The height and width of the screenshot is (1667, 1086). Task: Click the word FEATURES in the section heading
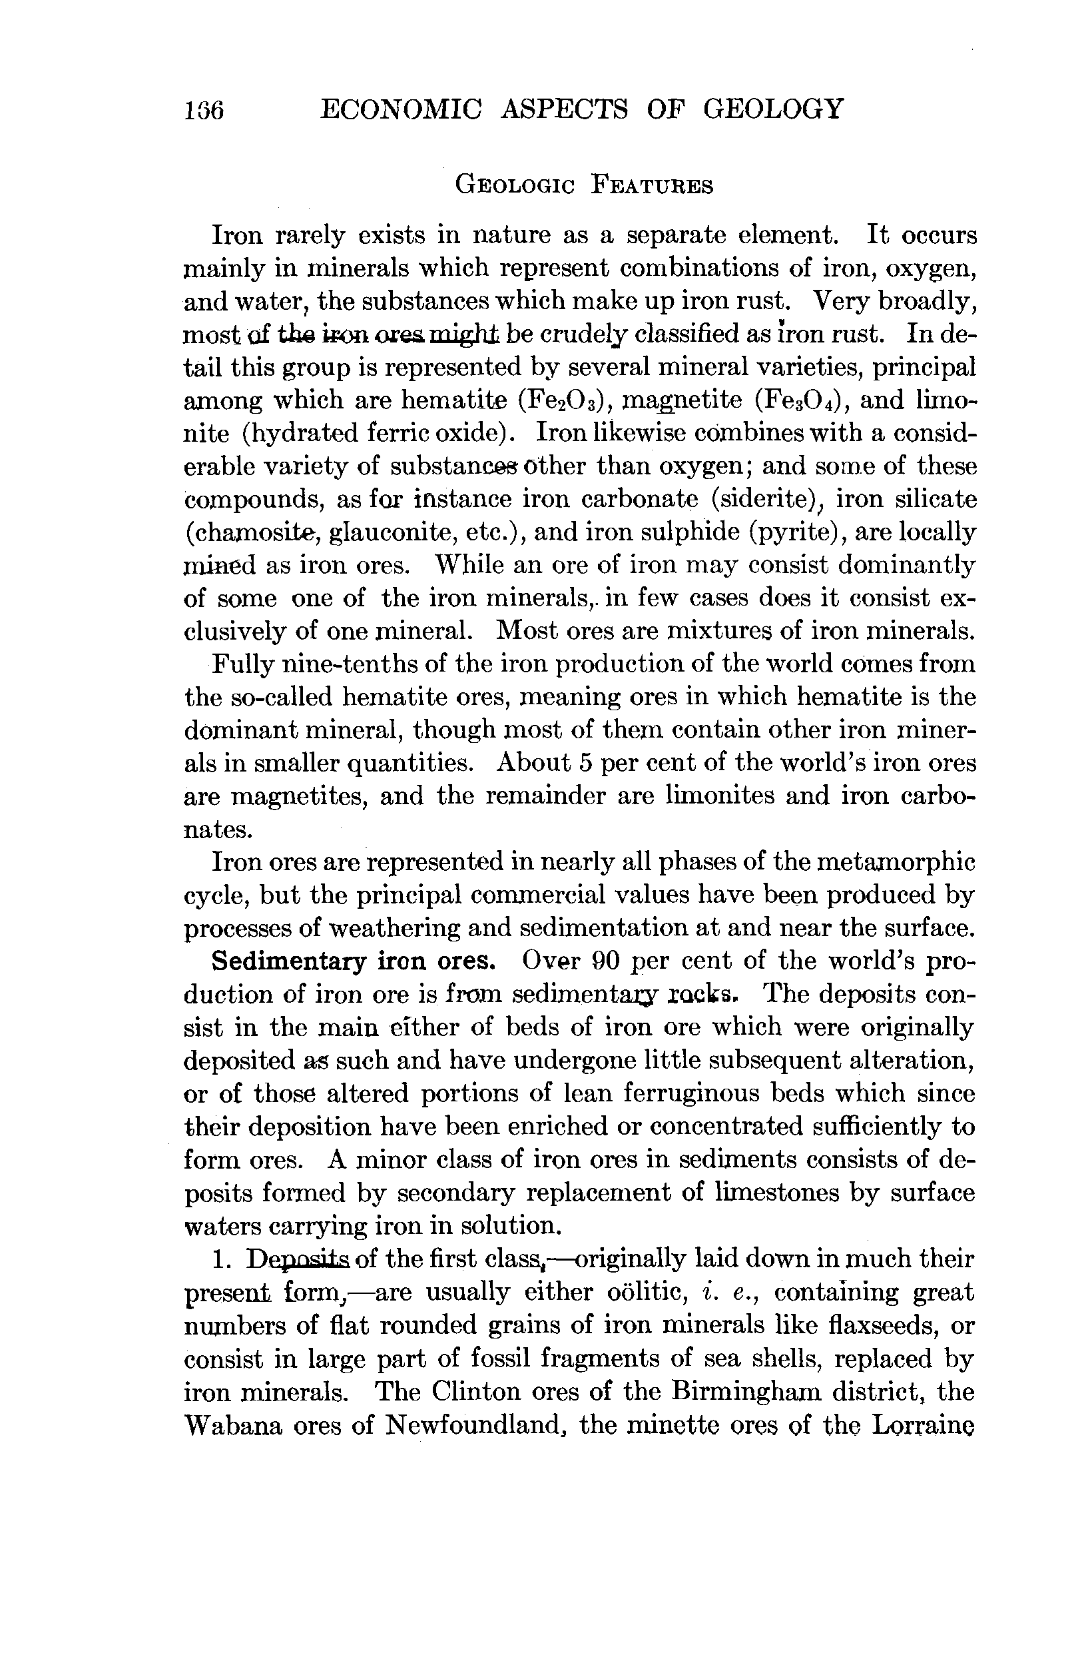coord(652,186)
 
